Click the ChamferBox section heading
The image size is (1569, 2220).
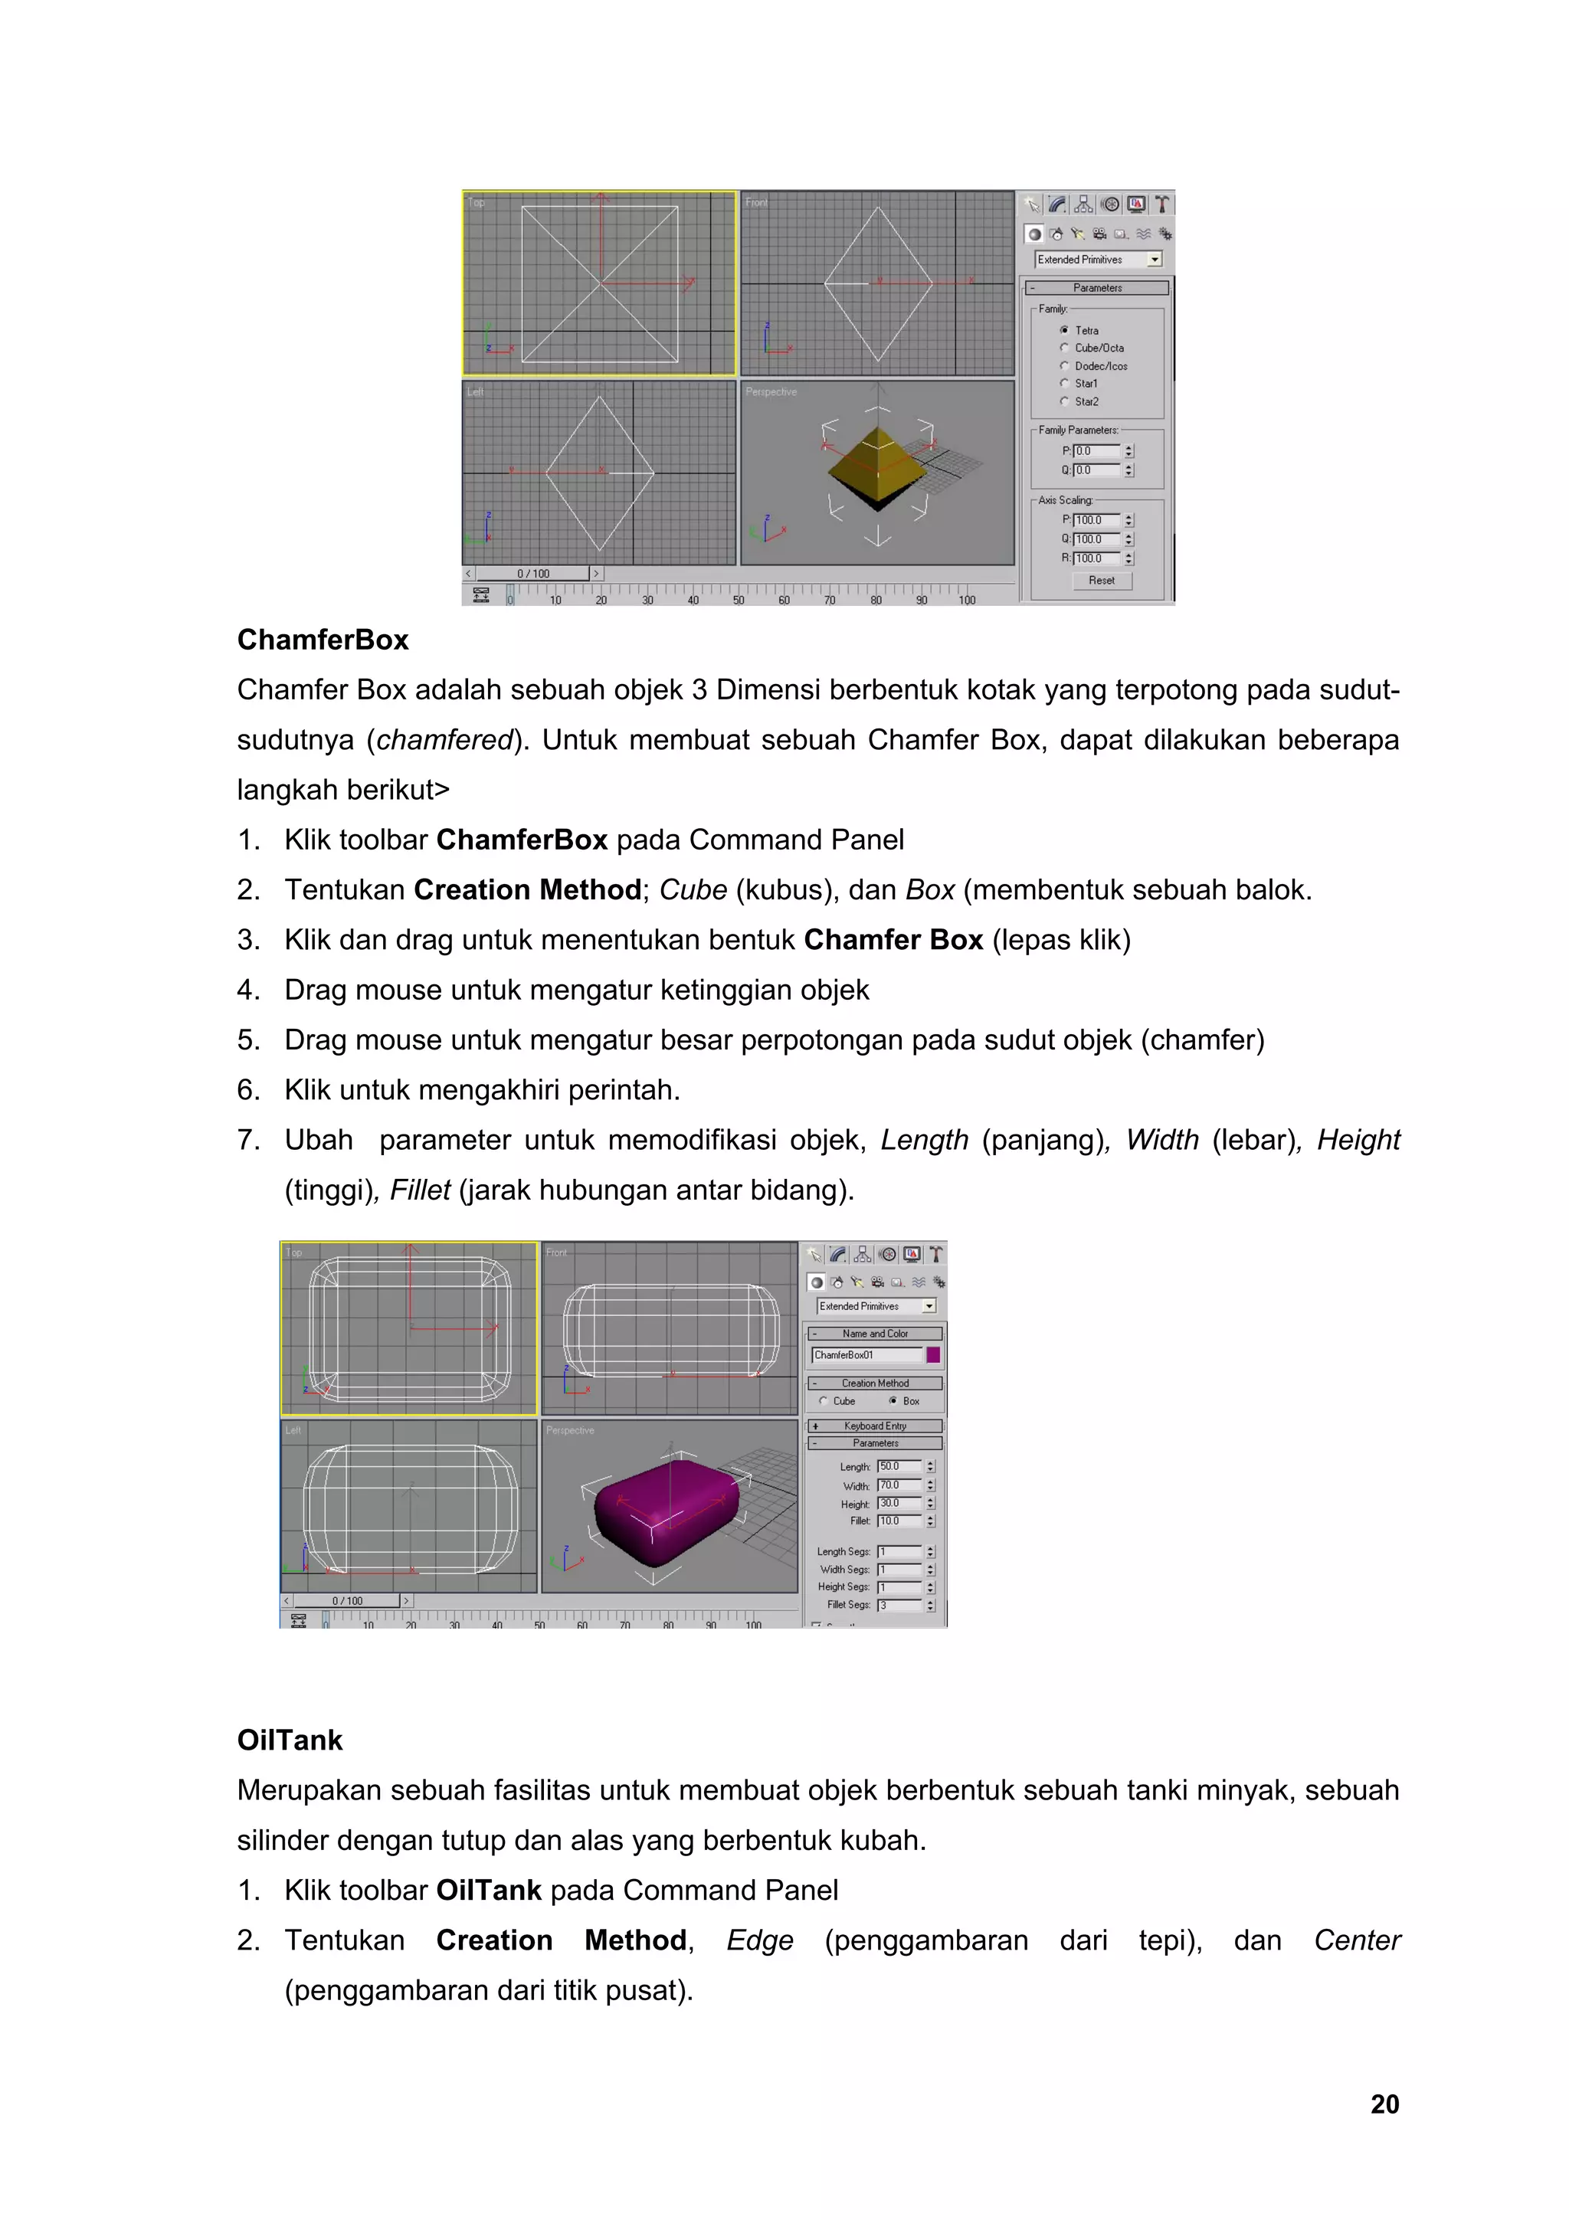322,640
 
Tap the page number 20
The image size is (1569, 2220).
1384,2104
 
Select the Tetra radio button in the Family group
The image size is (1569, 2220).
1064,329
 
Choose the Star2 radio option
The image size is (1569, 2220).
1064,401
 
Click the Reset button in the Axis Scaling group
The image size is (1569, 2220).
1101,580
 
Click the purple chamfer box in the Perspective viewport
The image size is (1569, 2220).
667,1511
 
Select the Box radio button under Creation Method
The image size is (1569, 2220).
893,1400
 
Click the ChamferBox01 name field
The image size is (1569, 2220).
866,1354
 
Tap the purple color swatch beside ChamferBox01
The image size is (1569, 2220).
933,1354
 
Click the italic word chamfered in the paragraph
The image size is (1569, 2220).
444,740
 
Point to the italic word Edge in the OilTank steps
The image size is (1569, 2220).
760,1940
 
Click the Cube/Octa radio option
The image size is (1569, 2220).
1064,348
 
